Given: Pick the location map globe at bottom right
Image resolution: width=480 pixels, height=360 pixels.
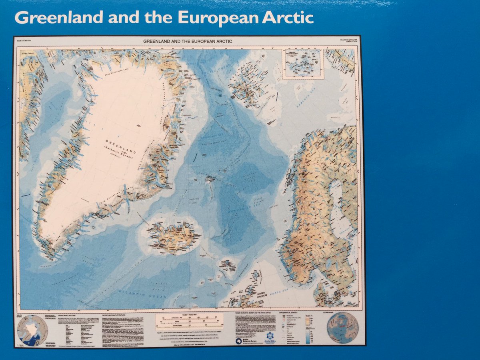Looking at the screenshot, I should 343,328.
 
